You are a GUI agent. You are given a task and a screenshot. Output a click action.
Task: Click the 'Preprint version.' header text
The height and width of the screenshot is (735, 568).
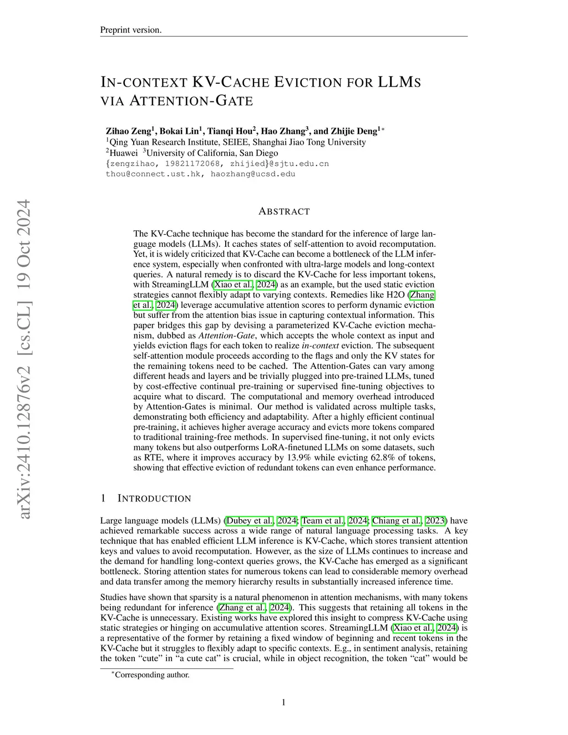click(x=131, y=30)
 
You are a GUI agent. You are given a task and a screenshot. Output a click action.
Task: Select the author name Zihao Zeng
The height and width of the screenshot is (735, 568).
click(x=128, y=131)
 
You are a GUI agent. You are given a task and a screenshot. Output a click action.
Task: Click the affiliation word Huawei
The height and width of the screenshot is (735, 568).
click(x=123, y=153)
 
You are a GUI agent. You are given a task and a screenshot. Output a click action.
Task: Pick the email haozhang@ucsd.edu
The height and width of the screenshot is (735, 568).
click(x=253, y=174)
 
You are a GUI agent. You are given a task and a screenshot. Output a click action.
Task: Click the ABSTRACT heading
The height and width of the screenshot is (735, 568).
click(x=284, y=211)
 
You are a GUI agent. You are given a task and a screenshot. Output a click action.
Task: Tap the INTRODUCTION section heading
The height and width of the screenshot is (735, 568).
click(x=154, y=499)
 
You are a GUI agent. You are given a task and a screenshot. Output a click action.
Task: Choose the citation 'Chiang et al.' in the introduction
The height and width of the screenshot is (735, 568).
click(x=397, y=521)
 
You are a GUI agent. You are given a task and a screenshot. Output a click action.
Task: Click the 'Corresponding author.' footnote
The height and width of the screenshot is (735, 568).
click(x=151, y=675)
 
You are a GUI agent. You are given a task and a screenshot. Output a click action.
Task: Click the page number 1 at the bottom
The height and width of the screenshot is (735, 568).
click(x=283, y=703)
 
